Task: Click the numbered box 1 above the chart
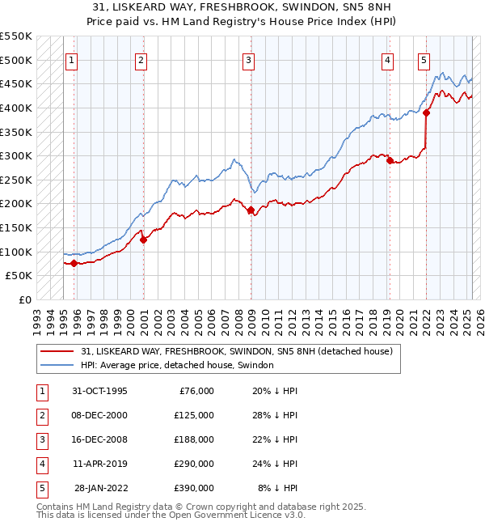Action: (x=72, y=59)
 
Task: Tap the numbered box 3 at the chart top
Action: (x=248, y=59)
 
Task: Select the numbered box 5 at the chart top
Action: (x=424, y=59)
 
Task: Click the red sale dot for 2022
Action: (x=427, y=113)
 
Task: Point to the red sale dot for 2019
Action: (x=390, y=161)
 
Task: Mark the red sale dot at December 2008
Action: (x=251, y=210)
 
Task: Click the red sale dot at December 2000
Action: (x=143, y=240)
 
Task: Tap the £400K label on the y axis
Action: (x=17, y=108)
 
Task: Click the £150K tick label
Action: (x=17, y=227)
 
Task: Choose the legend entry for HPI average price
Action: (x=177, y=365)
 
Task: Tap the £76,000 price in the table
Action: (x=195, y=391)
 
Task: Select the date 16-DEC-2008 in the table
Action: (x=95, y=439)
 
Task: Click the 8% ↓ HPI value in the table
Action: (x=278, y=488)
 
